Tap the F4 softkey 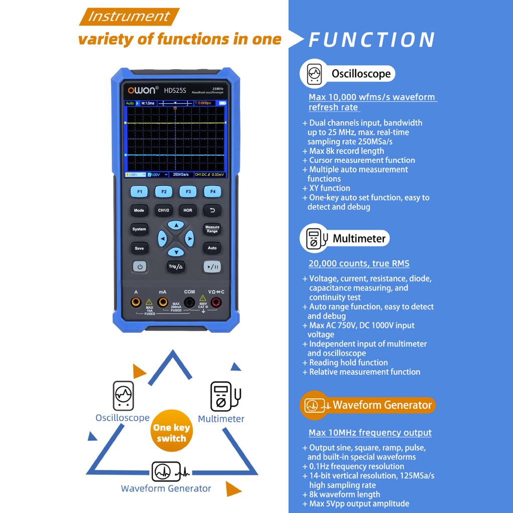coord(212,191)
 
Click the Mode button coord(139,210)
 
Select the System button coord(139,229)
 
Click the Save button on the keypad coord(139,248)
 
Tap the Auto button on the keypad coord(212,248)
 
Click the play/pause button coord(212,267)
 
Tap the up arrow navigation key coord(175,225)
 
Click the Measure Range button coord(212,229)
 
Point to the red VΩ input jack coord(216,302)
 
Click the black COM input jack coord(189,302)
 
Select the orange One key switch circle coord(171,433)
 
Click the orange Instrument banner coord(129,17)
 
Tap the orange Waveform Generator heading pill coord(368,405)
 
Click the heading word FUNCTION coord(372,40)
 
